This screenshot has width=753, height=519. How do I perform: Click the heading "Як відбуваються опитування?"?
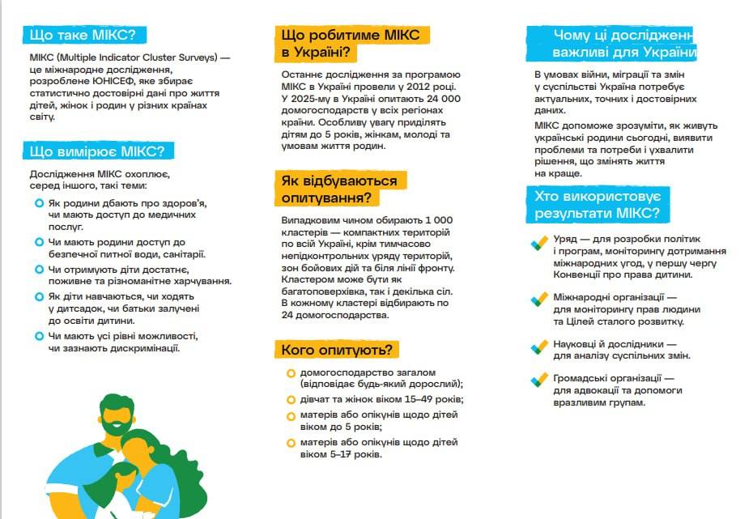(339, 189)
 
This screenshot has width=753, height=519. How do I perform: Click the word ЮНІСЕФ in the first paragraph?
(130, 82)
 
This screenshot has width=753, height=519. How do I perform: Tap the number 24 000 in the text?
(438, 98)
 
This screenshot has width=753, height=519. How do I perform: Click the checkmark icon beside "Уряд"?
(539, 242)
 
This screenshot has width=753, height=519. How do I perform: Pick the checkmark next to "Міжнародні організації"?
(539, 300)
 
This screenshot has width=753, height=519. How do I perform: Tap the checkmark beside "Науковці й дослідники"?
(539, 346)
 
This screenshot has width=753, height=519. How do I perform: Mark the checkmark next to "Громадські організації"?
(539, 380)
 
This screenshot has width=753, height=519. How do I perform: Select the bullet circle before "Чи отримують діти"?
(39, 270)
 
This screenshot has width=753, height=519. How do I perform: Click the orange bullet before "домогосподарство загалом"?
(291, 372)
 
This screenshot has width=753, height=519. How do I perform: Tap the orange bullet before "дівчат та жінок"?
(291, 400)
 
